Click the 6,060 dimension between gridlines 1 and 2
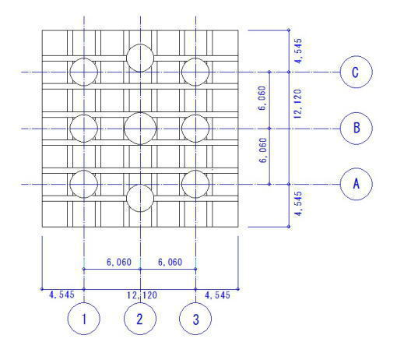tap(119, 262)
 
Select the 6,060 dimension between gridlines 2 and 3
tap(170, 262)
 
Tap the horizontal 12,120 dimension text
tap(142, 295)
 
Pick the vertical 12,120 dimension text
tap(298, 104)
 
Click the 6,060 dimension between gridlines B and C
tap(262, 98)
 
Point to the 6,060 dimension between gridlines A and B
tap(263, 150)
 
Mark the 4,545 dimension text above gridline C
tap(298, 51)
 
